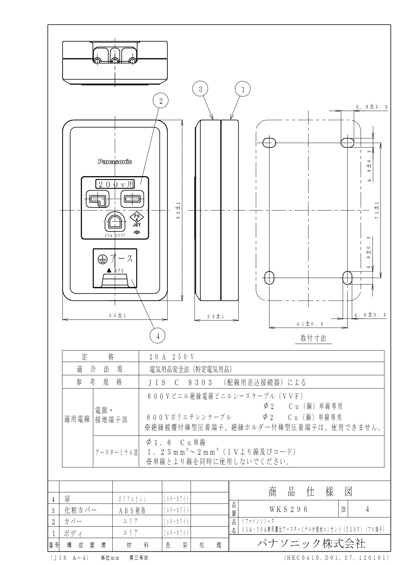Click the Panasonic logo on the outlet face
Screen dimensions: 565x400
(x=115, y=162)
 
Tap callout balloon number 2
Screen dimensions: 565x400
(x=161, y=101)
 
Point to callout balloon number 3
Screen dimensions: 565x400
(x=200, y=89)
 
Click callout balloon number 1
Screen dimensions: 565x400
(x=243, y=89)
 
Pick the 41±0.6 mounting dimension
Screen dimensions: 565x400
(x=310, y=324)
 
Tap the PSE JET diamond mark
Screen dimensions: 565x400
(x=137, y=220)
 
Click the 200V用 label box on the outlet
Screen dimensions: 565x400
(x=115, y=184)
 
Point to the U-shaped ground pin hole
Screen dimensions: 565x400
(x=115, y=222)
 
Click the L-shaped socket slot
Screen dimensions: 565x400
(x=98, y=200)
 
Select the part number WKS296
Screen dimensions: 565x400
(x=288, y=509)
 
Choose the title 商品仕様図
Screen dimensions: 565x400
(x=310, y=492)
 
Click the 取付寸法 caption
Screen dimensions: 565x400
(x=313, y=338)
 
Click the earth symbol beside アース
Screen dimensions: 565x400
(x=102, y=259)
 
